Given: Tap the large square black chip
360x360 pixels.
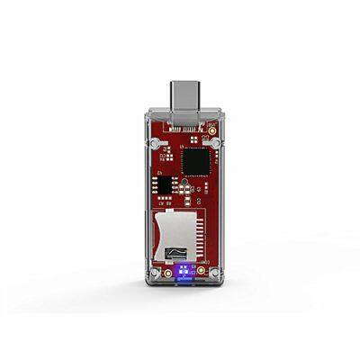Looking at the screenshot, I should click(196, 161).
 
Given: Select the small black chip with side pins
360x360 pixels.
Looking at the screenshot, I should click(165, 184).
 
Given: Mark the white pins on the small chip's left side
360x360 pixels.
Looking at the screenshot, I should click(155, 184).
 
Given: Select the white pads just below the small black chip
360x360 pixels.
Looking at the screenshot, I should click(165, 201).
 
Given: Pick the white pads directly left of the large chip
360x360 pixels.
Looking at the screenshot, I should click(177, 159).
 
